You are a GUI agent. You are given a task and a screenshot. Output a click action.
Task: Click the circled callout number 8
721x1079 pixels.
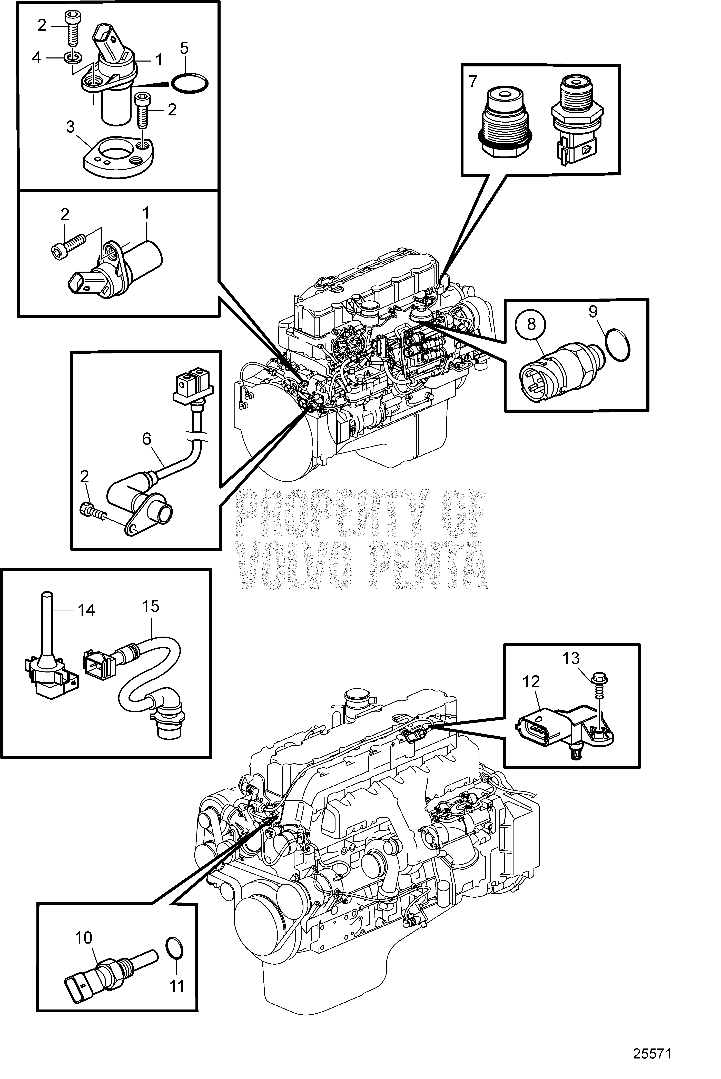coord(532,325)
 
